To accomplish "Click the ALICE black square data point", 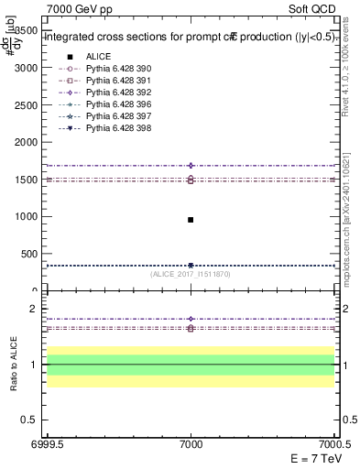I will pyautogui.click(x=191, y=220).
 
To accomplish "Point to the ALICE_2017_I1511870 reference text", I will pyautogui.click(x=191, y=274).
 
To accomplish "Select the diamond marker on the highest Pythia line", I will pyautogui.click(x=191, y=166).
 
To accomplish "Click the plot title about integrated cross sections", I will pyautogui.click(x=189, y=38).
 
